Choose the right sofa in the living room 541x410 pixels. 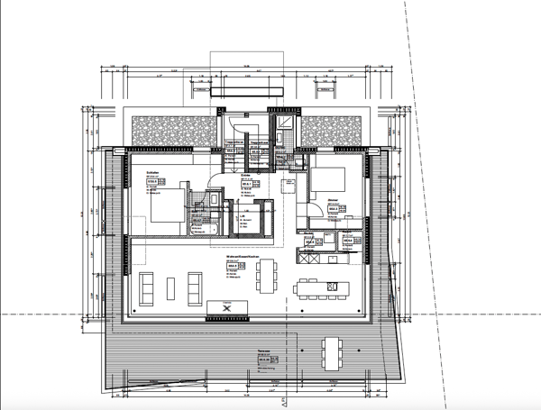coord(194,287)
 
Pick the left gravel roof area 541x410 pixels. coord(171,133)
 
